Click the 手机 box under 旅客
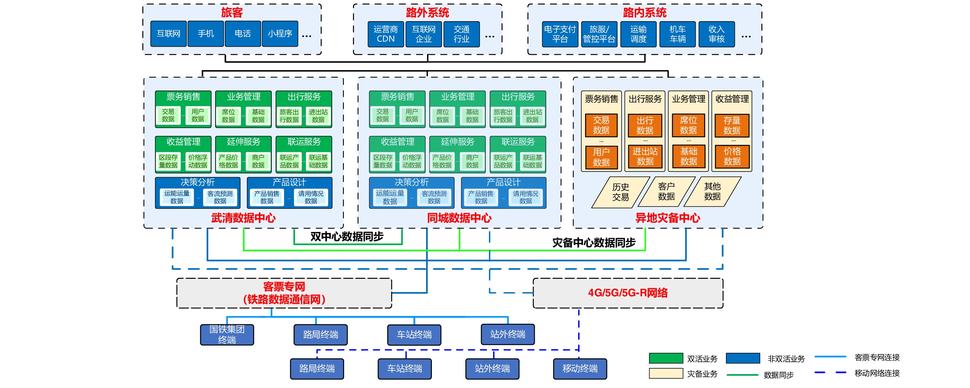tap(206, 34)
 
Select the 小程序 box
tap(280, 34)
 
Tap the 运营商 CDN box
tap(386, 34)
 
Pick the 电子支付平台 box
tap(560, 34)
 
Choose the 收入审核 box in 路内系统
tap(716, 34)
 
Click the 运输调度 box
tap(638, 34)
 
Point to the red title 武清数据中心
tap(243, 218)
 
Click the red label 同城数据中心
tap(459, 218)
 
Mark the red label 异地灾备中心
tap(667, 218)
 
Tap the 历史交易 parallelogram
tap(620, 192)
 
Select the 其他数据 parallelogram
tap(712, 191)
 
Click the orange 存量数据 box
tap(732, 126)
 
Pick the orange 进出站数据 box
tap(645, 156)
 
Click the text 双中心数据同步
tap(347, 237)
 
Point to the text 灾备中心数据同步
tap(594, 243)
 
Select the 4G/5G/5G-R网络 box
tap(628, 293)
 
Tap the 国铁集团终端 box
tap(227, 334)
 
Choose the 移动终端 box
tap(580, 369)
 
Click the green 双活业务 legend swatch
tap(666, 358)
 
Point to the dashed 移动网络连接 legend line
tap(830, 373)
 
